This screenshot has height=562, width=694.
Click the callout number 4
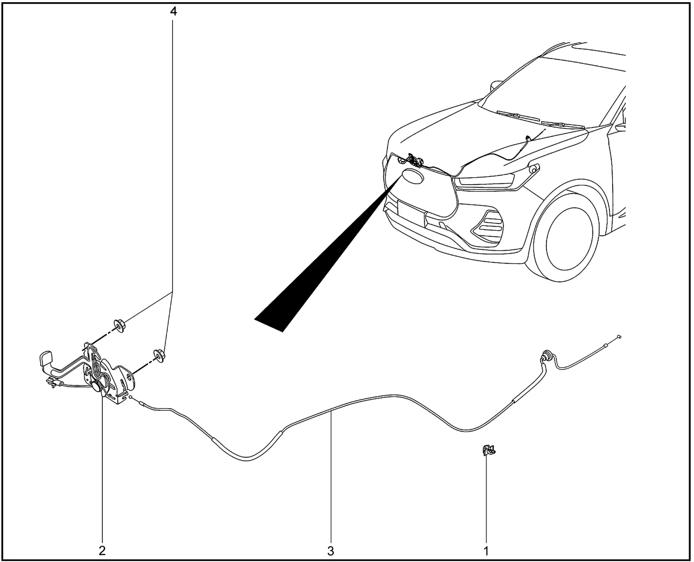click(x=173, y=11)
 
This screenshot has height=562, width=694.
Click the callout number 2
click(x=102, y=551)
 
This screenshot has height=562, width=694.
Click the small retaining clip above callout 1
click(x=489, y=451)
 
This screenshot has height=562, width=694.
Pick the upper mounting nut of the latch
click(x=120, y=326)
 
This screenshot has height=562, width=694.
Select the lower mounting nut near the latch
click(x=159, y=356)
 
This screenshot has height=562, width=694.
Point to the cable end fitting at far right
click(x=619, y=337)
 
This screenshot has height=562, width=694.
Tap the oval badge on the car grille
click(x=413, y=177)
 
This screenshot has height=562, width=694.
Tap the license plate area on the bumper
click(x=411, y=212)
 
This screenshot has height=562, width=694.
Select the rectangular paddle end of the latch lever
click(x=46, y=359)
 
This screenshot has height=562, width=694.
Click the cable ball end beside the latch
click(x=131, y=397)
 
